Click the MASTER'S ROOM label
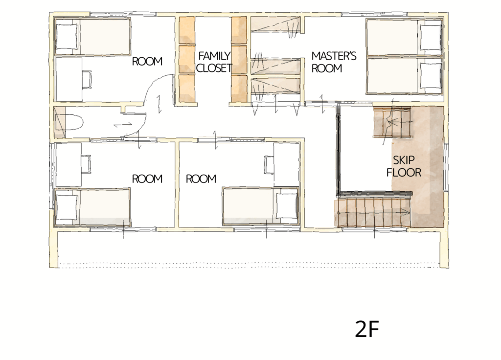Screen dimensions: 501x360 click(x=334, y=62)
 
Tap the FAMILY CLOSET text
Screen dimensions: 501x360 click(x=214, y=62)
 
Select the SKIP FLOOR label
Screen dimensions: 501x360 click(x=404, y=166)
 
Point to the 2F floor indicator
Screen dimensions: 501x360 click(x=367, y=329)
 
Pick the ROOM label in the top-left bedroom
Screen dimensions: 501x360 click(x=147, y=61)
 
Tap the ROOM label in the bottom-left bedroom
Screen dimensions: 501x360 click(x=147, y=179)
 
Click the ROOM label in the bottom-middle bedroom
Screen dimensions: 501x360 click(x=201, y=179)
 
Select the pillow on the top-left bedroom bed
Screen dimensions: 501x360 click(x=67, y=36)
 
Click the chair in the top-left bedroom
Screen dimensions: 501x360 click(x=87, y=79)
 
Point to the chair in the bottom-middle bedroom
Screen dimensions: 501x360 click(x=269, y=165)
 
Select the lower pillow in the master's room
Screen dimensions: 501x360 click(x=431, y=76)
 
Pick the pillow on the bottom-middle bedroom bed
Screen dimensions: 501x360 click(x=287, y=206)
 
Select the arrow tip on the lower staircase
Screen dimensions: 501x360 click(x=410, y=212)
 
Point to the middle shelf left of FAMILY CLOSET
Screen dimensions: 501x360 click(x=187, y=59)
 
